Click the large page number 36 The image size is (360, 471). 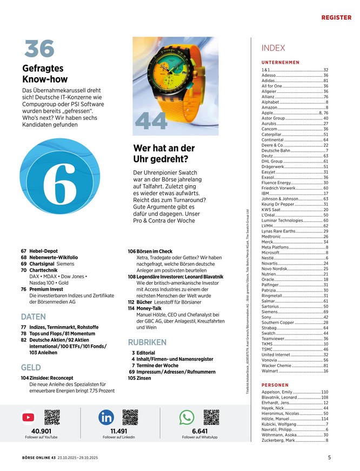pyautogui.click(x=39, y=49)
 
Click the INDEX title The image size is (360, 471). pyautogui.click(x=273, y=48)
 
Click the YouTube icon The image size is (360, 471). pyautogui.click(x=28, y=417)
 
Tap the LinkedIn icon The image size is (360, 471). pyautogui.click(x=106, y=417)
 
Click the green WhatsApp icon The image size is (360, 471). pyautogui.click(x=186, y=417)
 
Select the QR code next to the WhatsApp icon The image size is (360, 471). pyautogui.click(x=211, y=417)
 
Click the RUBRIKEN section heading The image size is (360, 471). pyautogui.click(x=147, y=342)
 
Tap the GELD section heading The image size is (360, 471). pyautogui.click(x=31, y=367)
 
